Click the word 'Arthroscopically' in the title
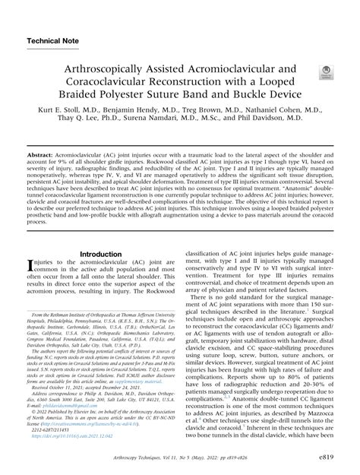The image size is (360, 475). pos(103,68)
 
